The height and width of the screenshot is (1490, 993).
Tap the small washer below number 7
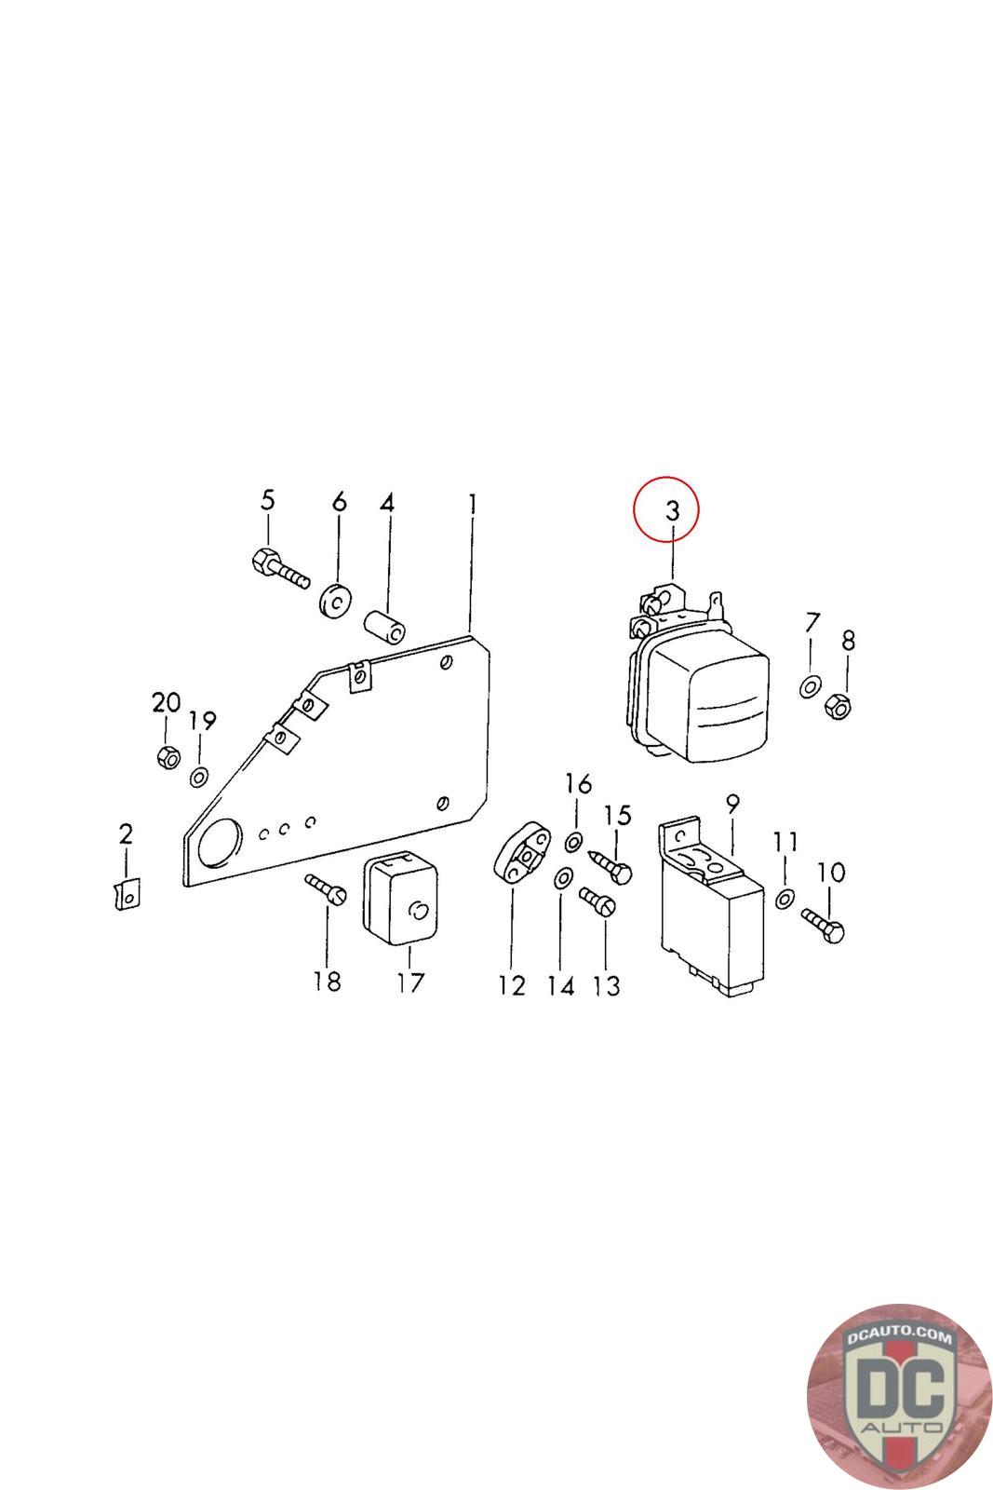(810, 687)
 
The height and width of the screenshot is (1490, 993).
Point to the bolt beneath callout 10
(825, 927)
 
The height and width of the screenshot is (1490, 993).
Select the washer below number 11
(784, 899)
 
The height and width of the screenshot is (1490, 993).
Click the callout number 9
(732, 804)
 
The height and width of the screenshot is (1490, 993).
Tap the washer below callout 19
(199, 777)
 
